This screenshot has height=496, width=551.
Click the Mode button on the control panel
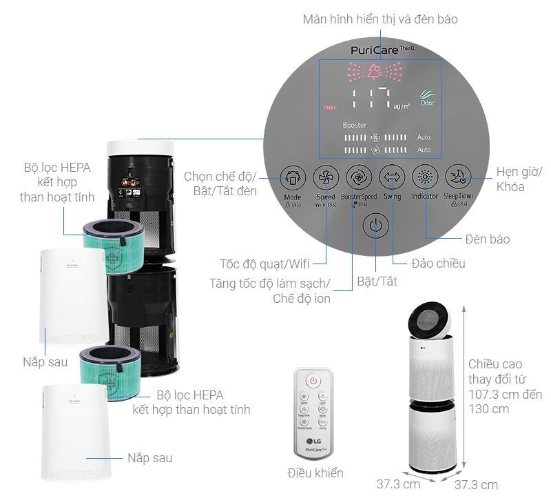click(292, 178)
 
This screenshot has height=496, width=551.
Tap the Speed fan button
click(324, 178)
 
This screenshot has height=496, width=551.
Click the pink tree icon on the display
click(375, 71)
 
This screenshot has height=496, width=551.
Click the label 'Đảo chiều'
click(438, 263)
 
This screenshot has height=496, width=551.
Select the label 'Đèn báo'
click(487, 239)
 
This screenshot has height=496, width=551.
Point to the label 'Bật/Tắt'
click(377, 281)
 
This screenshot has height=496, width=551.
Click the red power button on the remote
click(313, 380)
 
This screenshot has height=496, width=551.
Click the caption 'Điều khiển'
click(315, 473)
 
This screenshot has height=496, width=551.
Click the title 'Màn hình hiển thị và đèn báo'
click(380, 19)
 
